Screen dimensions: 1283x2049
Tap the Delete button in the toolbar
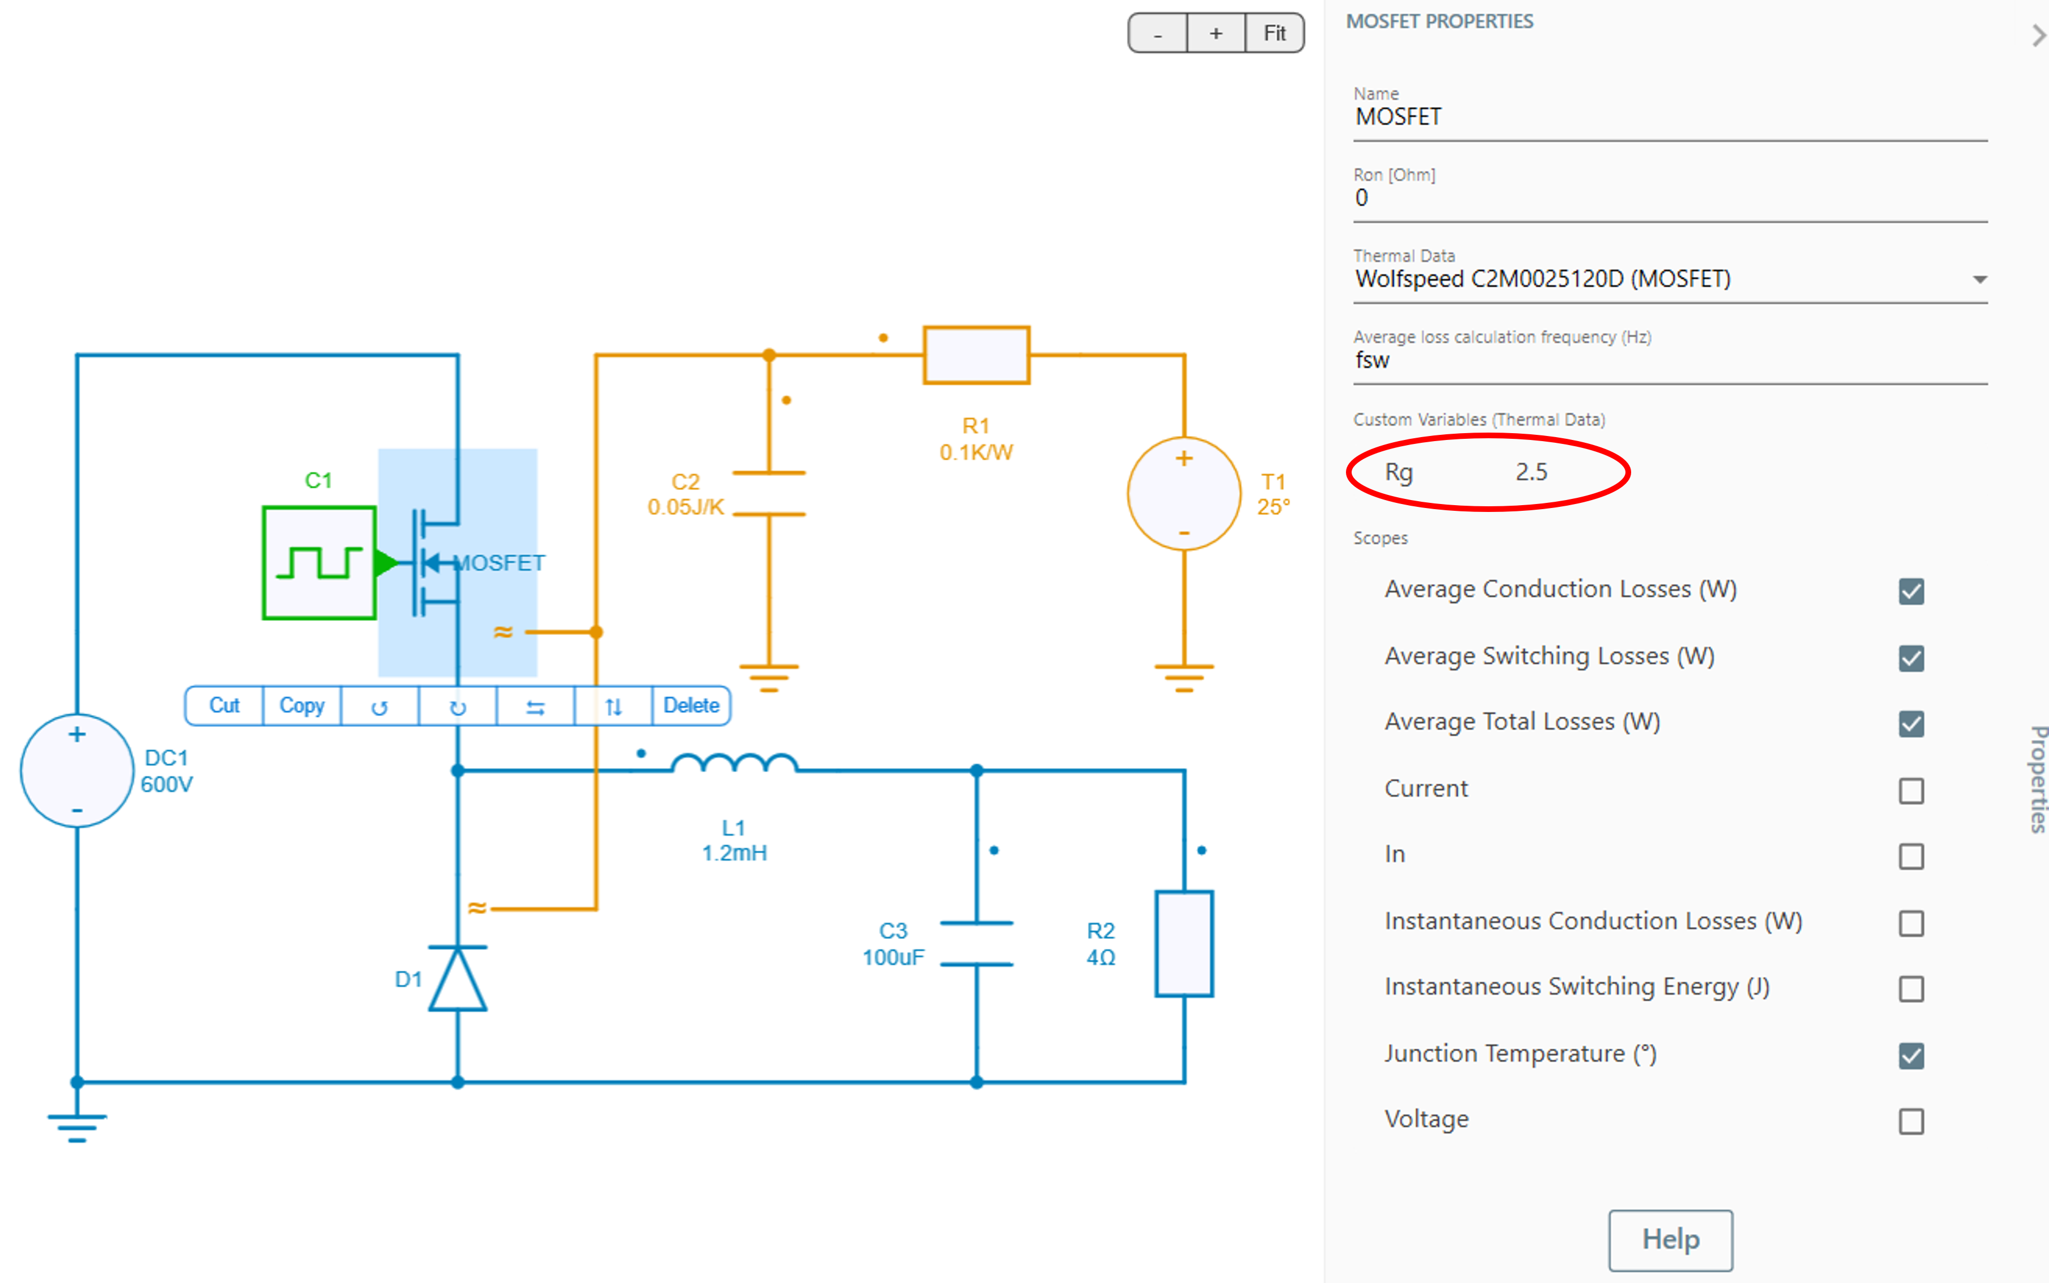pos(691,706)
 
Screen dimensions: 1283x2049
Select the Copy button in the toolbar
pos(302,706)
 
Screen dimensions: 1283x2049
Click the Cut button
pos(224,706)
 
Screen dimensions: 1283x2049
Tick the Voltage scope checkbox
pos(1911,1122)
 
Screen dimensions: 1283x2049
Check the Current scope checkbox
pos(1911,791)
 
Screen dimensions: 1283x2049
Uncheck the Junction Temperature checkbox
pos(1911,1056)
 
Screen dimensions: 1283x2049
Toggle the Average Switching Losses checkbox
pos(1911,658)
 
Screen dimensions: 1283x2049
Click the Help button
pos(1670,1240)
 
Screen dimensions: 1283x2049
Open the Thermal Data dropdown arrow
pos(1979,279)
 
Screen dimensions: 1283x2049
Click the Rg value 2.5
pos(1531,472)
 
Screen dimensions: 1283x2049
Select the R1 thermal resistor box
pos(976,355)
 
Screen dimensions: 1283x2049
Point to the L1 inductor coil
pos(734,764)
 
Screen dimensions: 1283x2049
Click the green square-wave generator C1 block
pos(319,562)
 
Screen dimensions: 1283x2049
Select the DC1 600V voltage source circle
pos(77,770)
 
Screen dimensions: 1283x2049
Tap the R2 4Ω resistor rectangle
pos(1184,943)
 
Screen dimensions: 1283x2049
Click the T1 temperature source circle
pos(1184,494)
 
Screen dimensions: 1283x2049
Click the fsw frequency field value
pos(1373,361)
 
